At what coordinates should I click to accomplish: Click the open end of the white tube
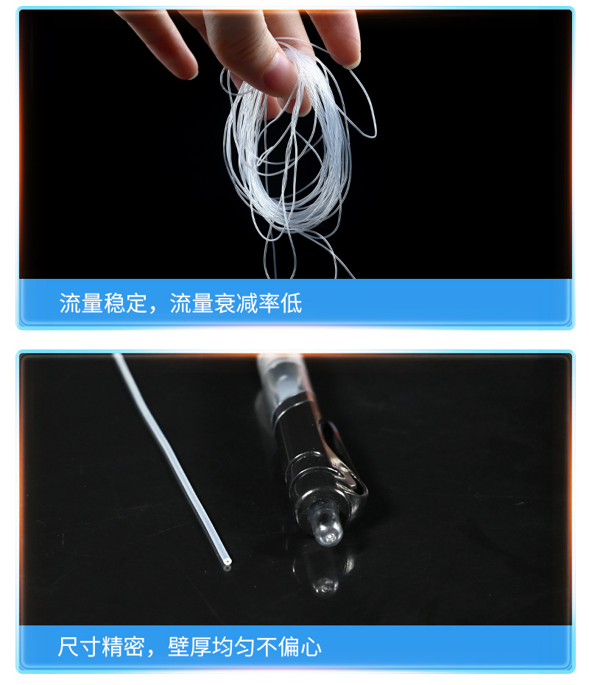click(227, 564)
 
